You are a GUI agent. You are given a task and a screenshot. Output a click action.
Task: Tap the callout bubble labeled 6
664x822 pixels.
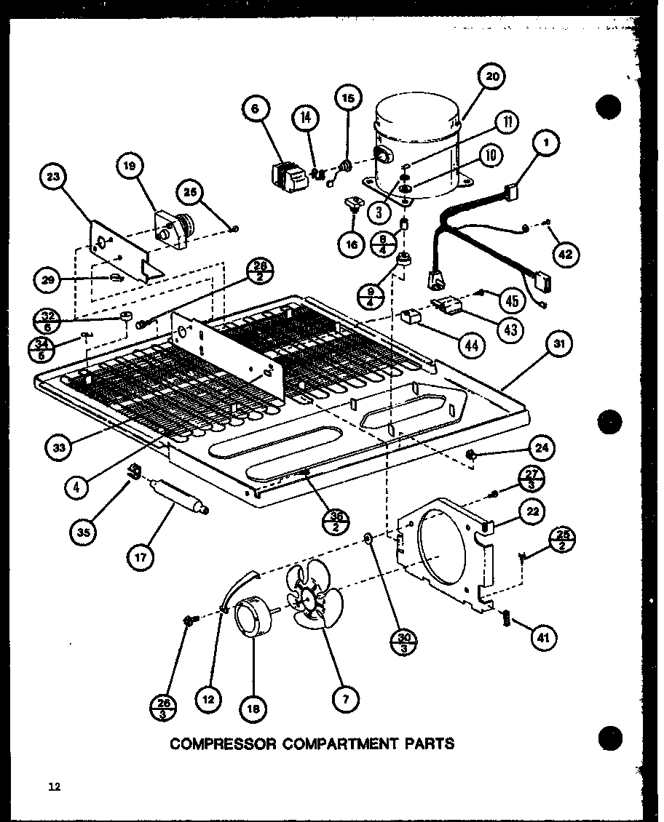point(256,109)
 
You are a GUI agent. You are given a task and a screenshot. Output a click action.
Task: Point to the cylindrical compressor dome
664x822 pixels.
point(416,145)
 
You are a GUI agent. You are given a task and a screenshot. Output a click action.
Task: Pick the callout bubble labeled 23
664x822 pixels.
point(55,177)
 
